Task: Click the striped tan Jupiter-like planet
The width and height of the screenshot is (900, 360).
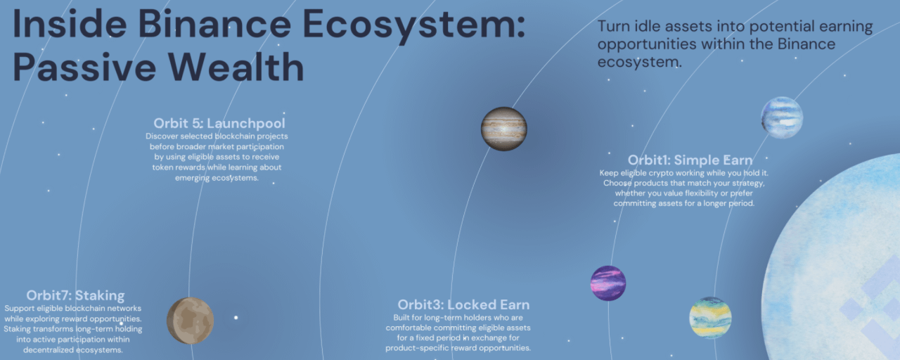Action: (x=504, y=129)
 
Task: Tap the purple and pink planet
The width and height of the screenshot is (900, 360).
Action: (x=608, y=283)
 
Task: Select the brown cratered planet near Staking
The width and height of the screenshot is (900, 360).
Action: (x=190, y=320)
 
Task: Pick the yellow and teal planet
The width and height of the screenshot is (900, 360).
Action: (x=710, y=318)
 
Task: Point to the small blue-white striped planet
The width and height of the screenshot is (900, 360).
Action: (x=782, y=117)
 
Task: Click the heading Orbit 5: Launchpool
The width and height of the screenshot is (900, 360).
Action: (x=219, y=123)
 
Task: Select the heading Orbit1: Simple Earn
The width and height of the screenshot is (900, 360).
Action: (x=690, y=160)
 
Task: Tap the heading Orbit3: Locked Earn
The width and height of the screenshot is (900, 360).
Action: (x=463, y=304)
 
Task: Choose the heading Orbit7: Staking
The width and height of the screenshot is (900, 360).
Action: (x=75, y=295)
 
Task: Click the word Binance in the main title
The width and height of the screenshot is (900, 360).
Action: (x=214, y=24)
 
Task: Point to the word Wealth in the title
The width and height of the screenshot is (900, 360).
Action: (x=236, y=67)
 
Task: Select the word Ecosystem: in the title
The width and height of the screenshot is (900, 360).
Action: (x=414, y=25)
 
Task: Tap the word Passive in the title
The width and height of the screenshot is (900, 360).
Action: (x=84, y=67)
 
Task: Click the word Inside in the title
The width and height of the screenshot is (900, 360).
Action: (x=70, y=23)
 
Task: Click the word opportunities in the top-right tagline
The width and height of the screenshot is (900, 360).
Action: (x=647, y=44)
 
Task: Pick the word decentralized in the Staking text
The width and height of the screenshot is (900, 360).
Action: (x=49, y=350)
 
